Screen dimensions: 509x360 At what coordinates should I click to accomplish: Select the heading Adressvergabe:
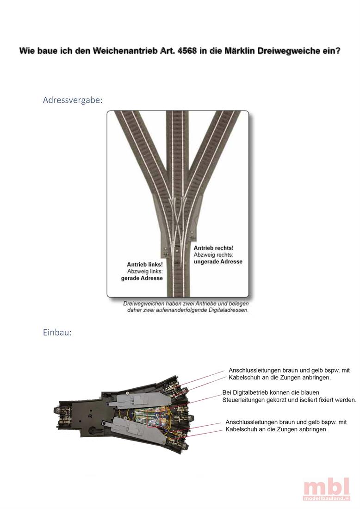[73, 100]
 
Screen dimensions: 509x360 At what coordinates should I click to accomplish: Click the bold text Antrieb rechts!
[213, 248]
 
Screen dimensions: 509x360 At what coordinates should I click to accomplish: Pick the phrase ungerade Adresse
[217, 261]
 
